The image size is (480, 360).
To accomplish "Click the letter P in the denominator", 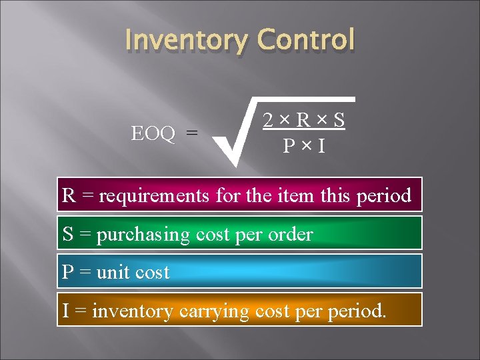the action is point(289,145).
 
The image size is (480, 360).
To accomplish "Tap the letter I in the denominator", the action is point(321,145).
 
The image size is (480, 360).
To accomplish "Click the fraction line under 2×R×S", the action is point(303,132).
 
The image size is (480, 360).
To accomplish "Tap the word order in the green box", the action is point(291,234).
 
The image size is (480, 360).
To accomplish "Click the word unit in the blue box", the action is point(112,272).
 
